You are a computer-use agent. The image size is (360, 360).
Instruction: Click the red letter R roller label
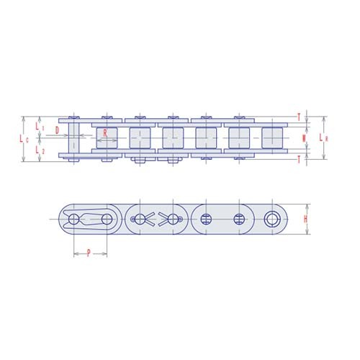click(106, 133)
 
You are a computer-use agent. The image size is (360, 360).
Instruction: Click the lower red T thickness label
click(299, 160)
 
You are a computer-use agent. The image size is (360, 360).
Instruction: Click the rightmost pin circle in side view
click(272, 218)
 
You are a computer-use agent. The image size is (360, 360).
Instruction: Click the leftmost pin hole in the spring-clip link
click(73, 218)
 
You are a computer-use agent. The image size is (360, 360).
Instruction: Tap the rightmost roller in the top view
click(271, 137)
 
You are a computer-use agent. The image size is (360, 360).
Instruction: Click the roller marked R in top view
click(107, 137)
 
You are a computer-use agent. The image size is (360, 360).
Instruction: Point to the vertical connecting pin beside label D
click(73, 137)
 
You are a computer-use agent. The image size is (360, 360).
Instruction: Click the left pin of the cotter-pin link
click(140, 218)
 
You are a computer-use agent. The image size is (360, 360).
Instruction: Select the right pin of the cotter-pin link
click(173, 218)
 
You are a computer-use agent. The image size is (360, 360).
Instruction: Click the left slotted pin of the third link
click(206, 218)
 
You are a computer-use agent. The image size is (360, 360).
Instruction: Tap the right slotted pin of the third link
click(239, 218)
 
